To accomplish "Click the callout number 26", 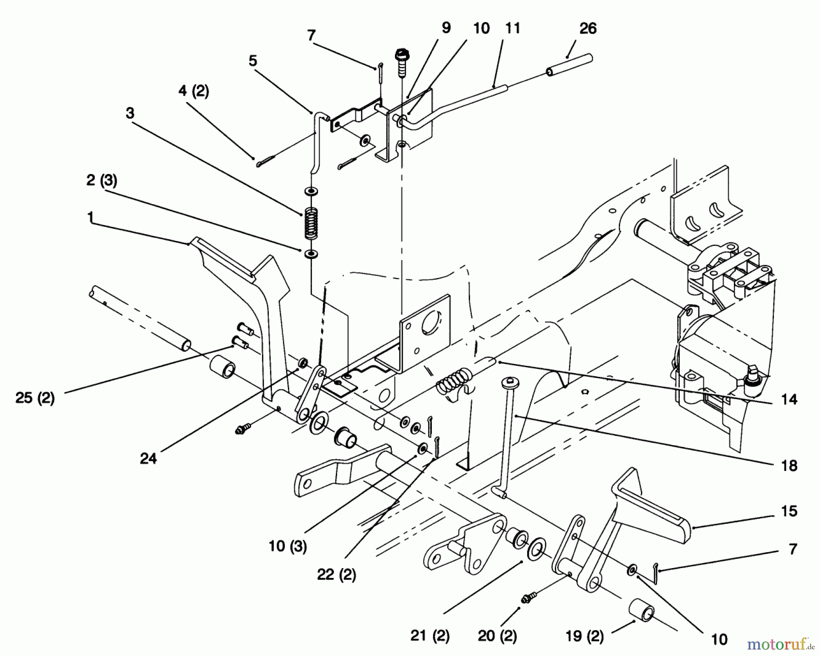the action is [587, 28].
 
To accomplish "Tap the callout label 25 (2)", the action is [35, 398].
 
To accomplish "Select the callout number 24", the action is [149, 458].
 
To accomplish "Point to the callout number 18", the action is [789, 465].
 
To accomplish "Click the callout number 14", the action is [789, 399].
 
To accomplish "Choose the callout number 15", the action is [789, 511].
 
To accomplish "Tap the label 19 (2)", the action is [584, 636].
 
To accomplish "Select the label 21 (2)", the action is [430, 636].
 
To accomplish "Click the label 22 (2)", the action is [337, 575].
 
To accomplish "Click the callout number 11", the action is [512, 28].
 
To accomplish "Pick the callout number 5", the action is [253, 61].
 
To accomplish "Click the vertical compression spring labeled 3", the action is [311, 223].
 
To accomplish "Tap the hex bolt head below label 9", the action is [401, 53].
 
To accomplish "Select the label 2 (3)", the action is [102, 180].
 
